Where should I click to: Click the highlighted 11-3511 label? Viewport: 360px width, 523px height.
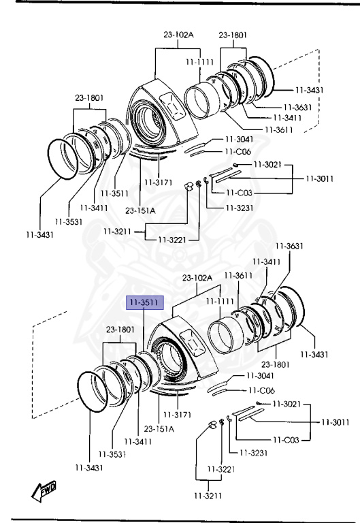[x=145, y=302]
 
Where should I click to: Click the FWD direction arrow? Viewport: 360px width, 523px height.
[x=44, y=491]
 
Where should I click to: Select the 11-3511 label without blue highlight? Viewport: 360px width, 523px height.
[x=114, y=193]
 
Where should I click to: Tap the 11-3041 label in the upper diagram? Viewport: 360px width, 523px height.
[x=240, y=139]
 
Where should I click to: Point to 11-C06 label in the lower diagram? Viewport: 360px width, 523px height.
[x=262, y=390]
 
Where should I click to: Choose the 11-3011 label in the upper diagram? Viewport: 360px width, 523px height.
[x=320, y=178]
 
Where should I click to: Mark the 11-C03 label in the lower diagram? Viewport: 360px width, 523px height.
[x=286, y=440]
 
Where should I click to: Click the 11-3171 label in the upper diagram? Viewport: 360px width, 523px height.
[x=159, y=183]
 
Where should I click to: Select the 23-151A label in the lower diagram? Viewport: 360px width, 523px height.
[x=159, y=428]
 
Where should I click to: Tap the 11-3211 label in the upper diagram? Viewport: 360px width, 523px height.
[x=117, y=231]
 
